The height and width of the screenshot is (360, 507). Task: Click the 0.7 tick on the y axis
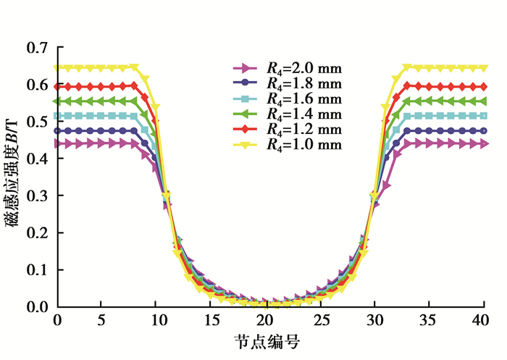point(38,49)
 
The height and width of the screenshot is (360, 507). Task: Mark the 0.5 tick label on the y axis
point(38,122)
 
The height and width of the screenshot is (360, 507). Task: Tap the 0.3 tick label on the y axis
point(38,196)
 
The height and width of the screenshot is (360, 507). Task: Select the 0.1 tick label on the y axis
point(38,270)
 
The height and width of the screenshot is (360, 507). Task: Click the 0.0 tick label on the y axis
point(38,307)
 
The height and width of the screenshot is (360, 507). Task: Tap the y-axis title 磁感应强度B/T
point(14,177)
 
